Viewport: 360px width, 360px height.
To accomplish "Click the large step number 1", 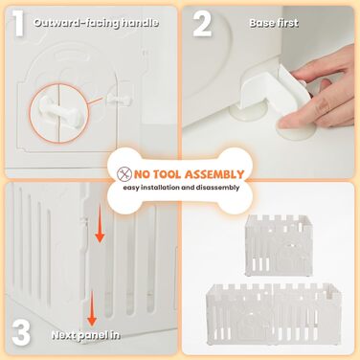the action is point(19,23).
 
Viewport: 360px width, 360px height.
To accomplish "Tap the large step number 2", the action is point(202,24).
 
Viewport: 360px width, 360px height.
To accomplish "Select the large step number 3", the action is point(21,334).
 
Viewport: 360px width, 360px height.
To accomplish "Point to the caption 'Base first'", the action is point(274,23).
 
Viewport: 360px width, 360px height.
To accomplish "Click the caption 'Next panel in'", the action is point(85,335).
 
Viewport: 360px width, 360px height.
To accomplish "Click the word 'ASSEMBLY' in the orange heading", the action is point(214,174).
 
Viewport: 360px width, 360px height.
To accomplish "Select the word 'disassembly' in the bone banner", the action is point(217,188).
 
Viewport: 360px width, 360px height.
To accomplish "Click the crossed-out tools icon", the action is point(124,174).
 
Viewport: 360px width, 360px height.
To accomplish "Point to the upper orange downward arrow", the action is point(100,224).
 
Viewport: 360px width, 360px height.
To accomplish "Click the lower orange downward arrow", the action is point(92,308).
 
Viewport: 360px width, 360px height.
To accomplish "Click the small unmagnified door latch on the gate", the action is point(119,100).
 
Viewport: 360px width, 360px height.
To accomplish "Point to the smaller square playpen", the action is point(278,245).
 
